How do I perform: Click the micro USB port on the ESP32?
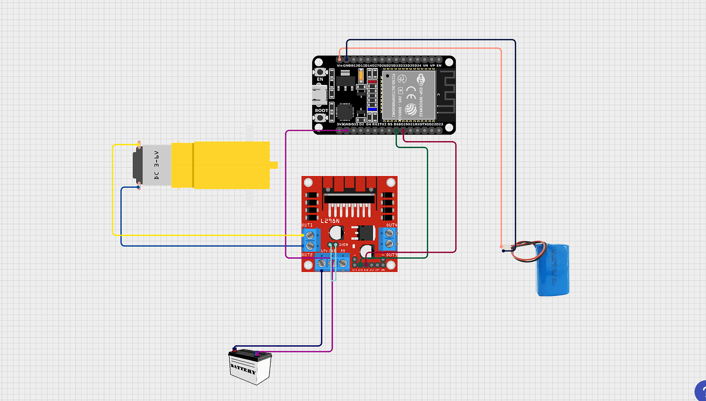(320, 94)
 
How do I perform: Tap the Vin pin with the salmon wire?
(340, 59)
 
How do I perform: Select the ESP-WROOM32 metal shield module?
(408, 94)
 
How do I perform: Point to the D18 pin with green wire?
(396, 131)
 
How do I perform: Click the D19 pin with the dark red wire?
(404, 131)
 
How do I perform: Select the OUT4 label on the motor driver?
(391, 225)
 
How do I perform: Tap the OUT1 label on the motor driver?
(307, 225)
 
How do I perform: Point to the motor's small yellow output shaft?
(274, 165)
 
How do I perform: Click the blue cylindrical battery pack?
(553, 269)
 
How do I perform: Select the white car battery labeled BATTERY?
(250, 367)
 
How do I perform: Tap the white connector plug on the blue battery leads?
(506, 249)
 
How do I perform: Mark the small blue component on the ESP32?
(372, 109)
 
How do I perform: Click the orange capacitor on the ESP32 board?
(361, 76)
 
